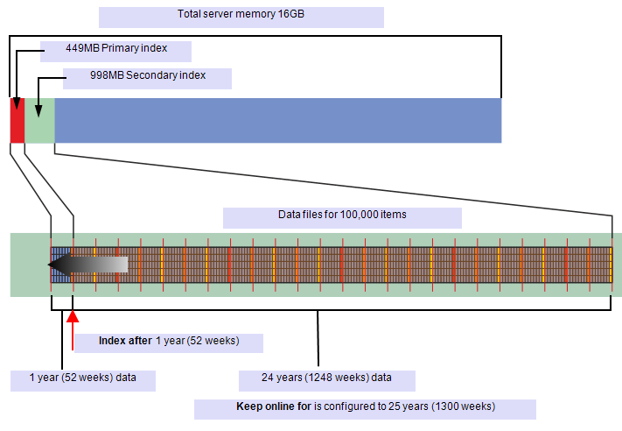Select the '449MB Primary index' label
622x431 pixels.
click(115, 49)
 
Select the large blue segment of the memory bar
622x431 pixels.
click(278, 121)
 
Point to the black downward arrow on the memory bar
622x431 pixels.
click(38, 108)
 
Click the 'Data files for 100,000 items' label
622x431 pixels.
click(342, 215)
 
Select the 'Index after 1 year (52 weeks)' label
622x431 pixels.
click(169, 341)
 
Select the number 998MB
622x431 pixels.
click(107, 75)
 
